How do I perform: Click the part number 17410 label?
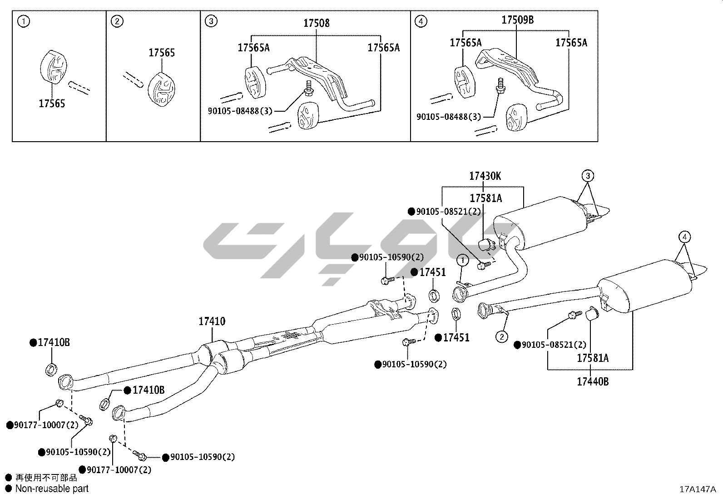click(212, 322)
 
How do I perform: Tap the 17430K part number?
click(485, 176)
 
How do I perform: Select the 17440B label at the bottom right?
click(593, 382)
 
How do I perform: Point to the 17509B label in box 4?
click(517, 20)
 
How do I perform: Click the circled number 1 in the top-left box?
click(23, 21)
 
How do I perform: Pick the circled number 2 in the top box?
click(117, 21)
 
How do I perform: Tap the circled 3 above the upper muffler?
click(588, 175)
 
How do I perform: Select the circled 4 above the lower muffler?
click(684, 237)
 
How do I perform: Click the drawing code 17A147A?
click(697, 489)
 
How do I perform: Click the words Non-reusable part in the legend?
click(52, 489)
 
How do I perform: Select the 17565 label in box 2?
click(162, 53)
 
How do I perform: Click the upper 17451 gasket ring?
click(434, 295)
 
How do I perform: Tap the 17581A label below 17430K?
click(485, 198)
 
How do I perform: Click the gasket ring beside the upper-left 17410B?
click(52, 369)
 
